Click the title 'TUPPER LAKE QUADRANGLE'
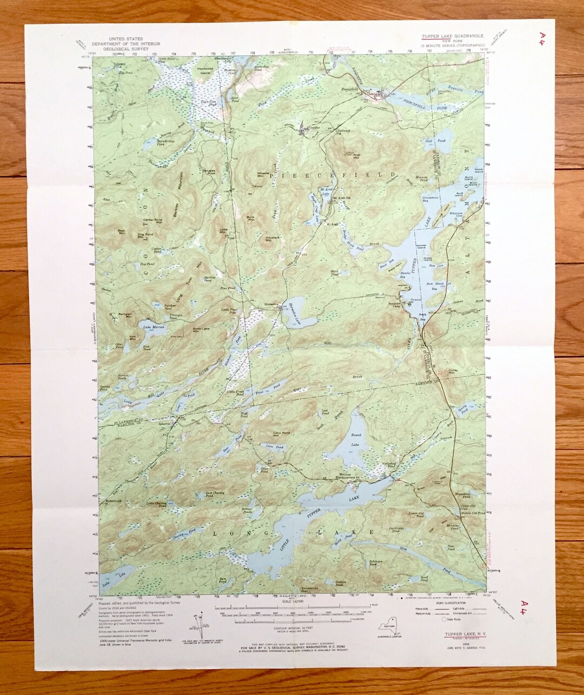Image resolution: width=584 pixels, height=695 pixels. pos(453,36)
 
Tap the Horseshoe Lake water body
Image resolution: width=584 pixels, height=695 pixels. pos(298,313)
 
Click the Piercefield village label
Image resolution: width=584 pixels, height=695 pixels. pos(351,89)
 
